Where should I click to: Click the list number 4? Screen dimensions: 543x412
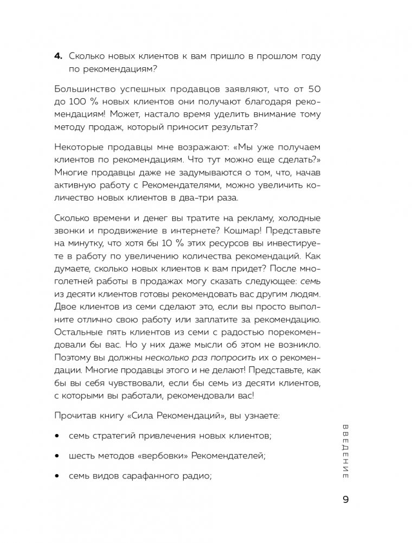(x=59, y=57)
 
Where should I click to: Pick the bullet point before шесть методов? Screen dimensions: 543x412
(x=58, y=457)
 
